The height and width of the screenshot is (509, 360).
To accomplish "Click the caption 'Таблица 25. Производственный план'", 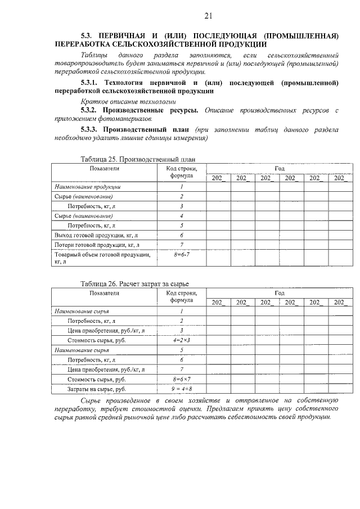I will (x=138, y=159).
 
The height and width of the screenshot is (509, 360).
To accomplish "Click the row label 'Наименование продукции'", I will (x=88, y=187).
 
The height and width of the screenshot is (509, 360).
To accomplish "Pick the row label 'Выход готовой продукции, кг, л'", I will (x=96, y=235).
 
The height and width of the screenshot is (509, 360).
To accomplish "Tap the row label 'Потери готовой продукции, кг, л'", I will (x=97, y=245).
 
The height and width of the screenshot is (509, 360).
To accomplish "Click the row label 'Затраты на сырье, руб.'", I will (x=89, y=389).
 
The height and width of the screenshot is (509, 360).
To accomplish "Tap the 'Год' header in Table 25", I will (x=280, y=168).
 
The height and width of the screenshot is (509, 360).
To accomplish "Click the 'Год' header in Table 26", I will (x=280, y=293).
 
